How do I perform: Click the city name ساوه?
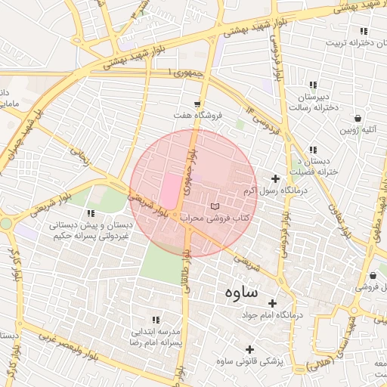click(x=241, y=292)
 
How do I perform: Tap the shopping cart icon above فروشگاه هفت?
click(x=197, y=104)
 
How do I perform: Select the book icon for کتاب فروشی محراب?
click(x=214, y=206)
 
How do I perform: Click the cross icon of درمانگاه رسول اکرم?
click(x=274, y=179)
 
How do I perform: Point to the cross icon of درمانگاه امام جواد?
click(x=272, y=302)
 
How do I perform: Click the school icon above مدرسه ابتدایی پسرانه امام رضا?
click(x=156, y=320)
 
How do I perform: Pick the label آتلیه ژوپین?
click(x=358, y=129)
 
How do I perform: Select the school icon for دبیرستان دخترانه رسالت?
click(x=313, y=85)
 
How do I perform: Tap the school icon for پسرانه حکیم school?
click(x=91, y=214)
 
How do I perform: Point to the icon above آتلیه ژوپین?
click(x=358, y=118)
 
